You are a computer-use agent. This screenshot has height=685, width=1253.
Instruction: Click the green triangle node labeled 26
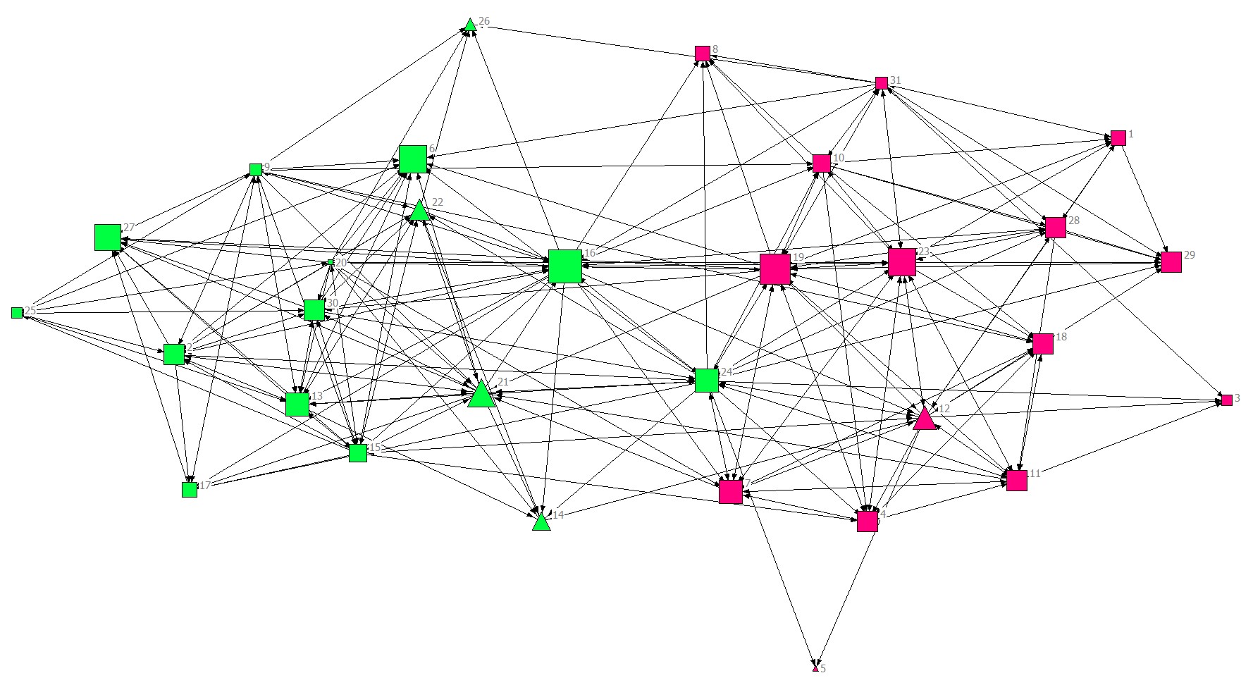pos(470,26)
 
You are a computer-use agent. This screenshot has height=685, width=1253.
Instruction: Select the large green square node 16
pos(564,266)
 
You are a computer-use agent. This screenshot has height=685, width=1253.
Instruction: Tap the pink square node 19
pos(775,269)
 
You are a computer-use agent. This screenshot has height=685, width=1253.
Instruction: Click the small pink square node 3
pos(1226,400)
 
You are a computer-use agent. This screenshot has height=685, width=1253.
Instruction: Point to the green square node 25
pos(17,313)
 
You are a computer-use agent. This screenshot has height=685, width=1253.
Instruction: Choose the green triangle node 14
pos(541,522)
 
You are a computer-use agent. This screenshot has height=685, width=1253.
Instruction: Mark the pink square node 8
pos(702,54)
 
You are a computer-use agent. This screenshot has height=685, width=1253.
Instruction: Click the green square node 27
pos(108,237)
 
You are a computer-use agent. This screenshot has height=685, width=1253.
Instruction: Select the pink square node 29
pos(1171,262)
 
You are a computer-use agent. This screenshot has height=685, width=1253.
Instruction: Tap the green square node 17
pos(190,489)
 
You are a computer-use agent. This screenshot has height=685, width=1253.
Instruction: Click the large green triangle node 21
pos(481,395)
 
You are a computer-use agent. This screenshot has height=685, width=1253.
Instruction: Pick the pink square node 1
pos(1118,138)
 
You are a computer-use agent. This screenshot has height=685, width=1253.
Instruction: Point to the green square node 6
pos(413,159)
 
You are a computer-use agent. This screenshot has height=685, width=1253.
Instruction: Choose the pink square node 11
pos(1016,481)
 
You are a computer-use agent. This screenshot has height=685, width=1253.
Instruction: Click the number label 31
pos(896,80)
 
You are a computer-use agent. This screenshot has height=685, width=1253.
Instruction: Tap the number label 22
pos(438,203)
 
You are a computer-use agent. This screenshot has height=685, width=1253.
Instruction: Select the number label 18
pos(1061,337)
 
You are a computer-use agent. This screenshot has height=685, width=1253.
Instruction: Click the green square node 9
pos(256,170)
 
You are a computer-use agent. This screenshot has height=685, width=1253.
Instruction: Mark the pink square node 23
pos(901,262)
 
